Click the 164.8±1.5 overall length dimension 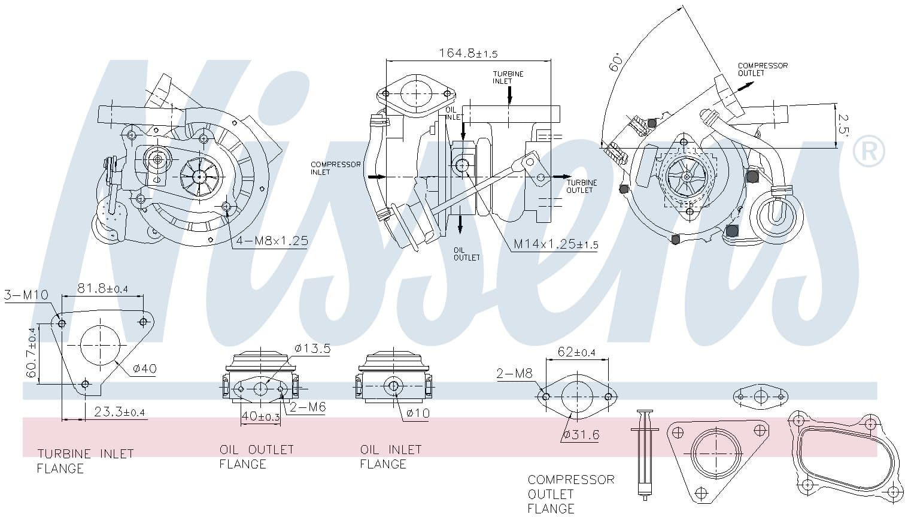[x=468, y=53]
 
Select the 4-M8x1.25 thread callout [x=272, y=241]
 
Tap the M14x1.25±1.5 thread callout [x=555, y=244]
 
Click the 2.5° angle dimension [x=843, y=125]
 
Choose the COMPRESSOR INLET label [x=335, y=168]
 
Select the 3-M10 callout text [x=26, y=295]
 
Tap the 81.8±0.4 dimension [x=102, y=289]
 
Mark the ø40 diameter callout [x=144, y=368]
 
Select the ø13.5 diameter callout [x=312, y=348]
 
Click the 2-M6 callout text [x=308, y=407]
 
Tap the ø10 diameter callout [x=417, y=413]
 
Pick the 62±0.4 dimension [x=576, y=352]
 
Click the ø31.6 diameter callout [x=581, y=434]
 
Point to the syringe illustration [x=644, y=454]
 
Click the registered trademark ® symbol [x=868, y=152]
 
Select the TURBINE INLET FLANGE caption [x=85, y=461]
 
